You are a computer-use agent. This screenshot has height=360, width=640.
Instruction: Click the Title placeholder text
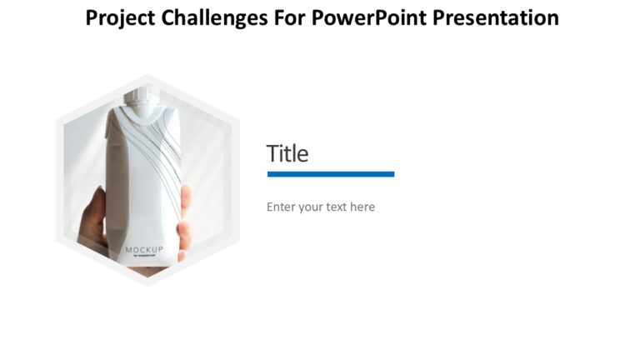click(x=287, y=154)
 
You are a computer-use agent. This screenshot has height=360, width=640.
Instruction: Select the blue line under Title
click(x=331, y=174)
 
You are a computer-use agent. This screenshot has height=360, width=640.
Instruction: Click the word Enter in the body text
click(x=280, y=207)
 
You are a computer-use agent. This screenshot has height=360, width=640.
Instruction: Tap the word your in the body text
click(x=311, y=207)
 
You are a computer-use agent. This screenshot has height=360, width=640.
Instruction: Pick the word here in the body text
click(x=362, y=207)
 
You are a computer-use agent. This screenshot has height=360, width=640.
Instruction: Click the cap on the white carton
click(x=138, y=101)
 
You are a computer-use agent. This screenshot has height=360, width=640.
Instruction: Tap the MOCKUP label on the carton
click(x=145, y=250)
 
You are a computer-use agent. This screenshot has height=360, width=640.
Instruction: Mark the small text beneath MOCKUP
click(x=144, y=257)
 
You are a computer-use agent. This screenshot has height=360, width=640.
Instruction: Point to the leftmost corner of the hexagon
click(x=57, y=179)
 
